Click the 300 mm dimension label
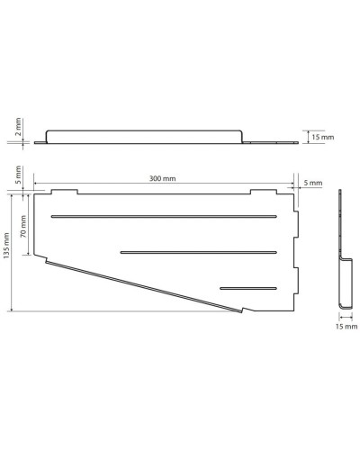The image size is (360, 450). click(163, 179)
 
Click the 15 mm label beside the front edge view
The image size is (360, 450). click(320, 137)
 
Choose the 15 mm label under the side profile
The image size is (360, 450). click(343, 328)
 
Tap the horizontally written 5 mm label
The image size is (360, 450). click(311, 183)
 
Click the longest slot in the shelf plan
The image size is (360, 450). click(163, 217)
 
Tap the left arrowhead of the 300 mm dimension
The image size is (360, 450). click(37, 185)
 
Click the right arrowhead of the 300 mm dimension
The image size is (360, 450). click(291, 185)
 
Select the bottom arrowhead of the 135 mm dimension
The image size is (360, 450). click(13, 309)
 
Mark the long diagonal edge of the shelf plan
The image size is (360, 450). click(144, 285)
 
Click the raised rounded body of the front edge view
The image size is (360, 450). click(144, 135)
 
